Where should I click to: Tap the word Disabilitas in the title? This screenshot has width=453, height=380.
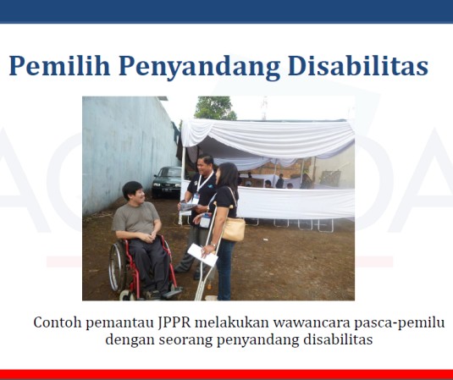pyautogui.click(x=359, y=65)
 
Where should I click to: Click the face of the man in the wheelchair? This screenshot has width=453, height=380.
pyautogui.click(x=131, y=193)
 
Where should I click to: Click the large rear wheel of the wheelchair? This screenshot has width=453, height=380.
pyautogui.click(x=118, y=267)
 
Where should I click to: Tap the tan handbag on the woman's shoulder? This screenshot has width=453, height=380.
pyautogui.click(x=233, y=228)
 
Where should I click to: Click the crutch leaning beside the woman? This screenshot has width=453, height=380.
pyautogui.click(x=207, y=271)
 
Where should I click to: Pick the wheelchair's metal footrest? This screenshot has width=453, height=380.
pyautogui.click(x=169, y=292)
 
